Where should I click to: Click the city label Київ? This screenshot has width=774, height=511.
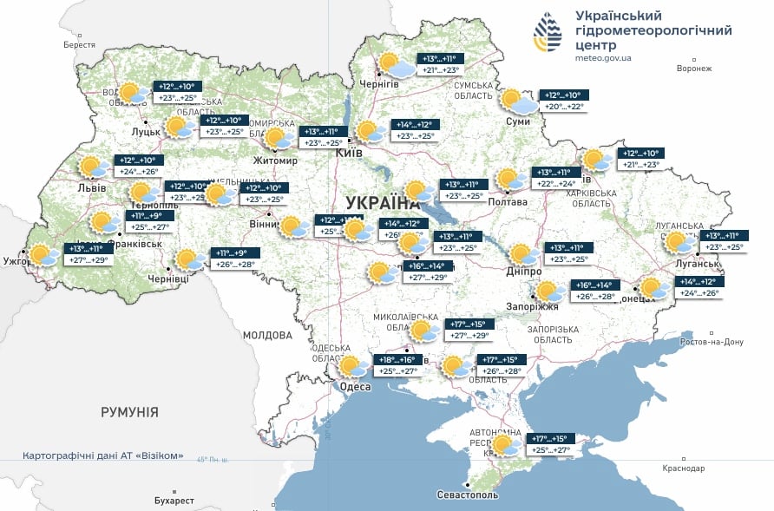[350, 154]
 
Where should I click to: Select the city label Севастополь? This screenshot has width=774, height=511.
[468, 495]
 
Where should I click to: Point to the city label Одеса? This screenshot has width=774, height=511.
[354, 386]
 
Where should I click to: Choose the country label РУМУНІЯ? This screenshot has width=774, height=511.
[129, 412]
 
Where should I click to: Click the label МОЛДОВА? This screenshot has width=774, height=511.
[267, 335]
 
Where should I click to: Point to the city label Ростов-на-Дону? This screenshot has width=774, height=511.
[711, 342]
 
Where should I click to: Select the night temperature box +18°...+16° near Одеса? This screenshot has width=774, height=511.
[397, 359]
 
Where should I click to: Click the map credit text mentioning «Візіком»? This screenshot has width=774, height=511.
[102, 457]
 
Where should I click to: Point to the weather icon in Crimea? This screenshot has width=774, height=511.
[505, 446]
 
